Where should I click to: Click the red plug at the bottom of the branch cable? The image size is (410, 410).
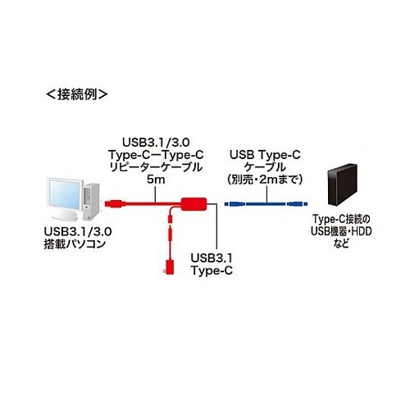click(x=167, y=267)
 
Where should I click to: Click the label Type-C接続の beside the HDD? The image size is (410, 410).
click(x=348, y=220)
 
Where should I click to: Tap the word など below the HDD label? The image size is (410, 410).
click(x=348, y=246)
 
